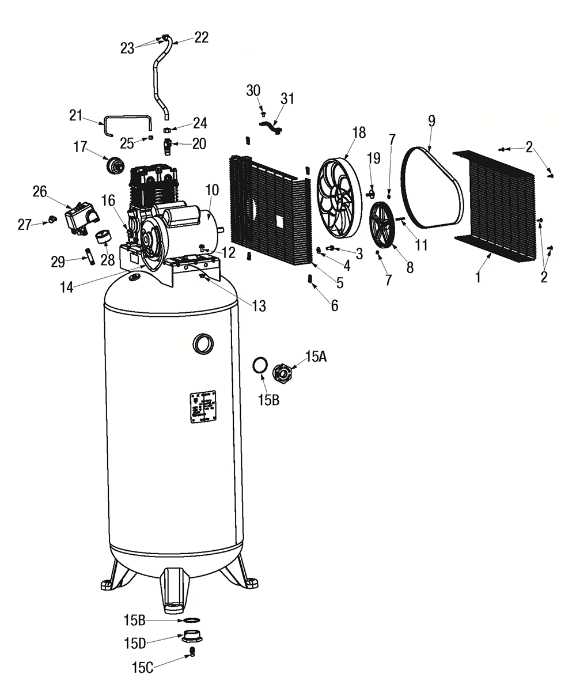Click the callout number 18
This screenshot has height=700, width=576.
click(358, 132)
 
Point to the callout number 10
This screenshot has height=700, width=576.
click(211, 189)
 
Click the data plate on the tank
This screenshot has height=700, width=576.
click(206, 408)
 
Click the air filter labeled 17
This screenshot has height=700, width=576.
click(115, 166)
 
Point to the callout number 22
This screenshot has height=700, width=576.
click(201, 37)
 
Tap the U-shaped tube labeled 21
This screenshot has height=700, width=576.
click(128, 122)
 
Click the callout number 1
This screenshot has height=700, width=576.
click(478, 277)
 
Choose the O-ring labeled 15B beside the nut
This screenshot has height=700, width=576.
click(260, 365)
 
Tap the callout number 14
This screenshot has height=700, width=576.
click(67, 286)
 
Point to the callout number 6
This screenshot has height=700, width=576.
click(335, 305)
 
